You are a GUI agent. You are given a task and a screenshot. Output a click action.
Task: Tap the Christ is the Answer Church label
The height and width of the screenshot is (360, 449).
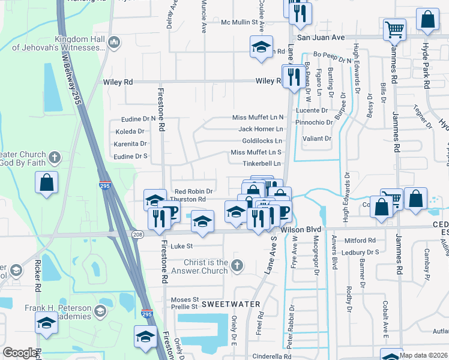[x=197, y=266]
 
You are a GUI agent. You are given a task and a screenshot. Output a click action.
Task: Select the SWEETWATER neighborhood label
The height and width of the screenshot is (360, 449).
[x=230, y=304]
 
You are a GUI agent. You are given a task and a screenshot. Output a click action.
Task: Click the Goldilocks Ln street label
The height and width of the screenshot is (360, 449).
[x=262, y=140]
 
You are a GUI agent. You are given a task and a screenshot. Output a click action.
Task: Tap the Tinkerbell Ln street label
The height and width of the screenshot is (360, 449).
[x=261, y=163]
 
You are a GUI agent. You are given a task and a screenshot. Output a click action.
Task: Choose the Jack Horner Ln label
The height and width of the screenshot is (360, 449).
[x=261, y=129]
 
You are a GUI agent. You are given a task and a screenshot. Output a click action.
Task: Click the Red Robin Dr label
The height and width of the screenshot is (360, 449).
[x=193, y=191]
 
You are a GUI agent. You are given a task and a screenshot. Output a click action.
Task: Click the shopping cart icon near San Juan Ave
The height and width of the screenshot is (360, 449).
[x=394, y=29]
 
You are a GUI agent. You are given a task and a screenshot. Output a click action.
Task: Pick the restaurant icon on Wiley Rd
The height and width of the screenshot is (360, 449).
[x=294, y=77]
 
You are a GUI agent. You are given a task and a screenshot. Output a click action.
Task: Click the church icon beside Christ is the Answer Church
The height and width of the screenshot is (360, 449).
[x=237, y=265]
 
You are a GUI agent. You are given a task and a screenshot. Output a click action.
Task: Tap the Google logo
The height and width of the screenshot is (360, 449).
[x=20, y=353]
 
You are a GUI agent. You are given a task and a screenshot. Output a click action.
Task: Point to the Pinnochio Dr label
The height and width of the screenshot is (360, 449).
[x=313, y=122]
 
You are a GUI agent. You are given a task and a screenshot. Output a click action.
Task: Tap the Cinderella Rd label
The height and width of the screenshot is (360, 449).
[x=271, y=356]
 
